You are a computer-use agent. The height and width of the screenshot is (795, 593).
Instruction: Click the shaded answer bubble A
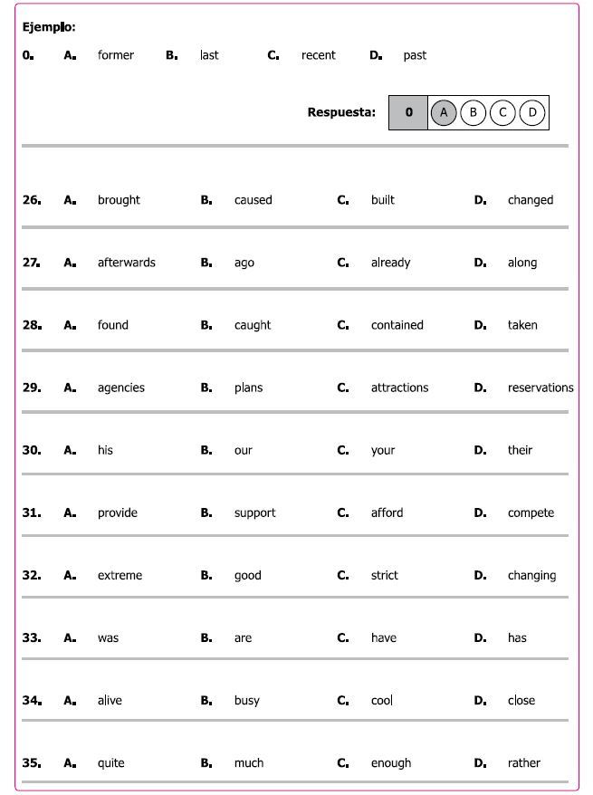pyautogui.click(x=443, y=113)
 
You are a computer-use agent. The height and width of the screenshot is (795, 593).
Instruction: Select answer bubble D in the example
pyautogui.click(x=532, y=113)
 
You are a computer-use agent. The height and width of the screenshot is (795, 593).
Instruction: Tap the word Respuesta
pyautogui.click(x=341, y=113)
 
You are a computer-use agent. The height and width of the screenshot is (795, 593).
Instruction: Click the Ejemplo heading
pyautogui.click(x=49, y=27)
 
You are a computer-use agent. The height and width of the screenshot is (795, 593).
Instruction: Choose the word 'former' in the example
pyautogui.click(x=116, y=56)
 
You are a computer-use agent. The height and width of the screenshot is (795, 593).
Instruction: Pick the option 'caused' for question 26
pyautogui.click(x=253, y=200)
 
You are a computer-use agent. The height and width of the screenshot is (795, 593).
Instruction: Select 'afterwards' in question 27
pyautogui.click(x=126, y=263)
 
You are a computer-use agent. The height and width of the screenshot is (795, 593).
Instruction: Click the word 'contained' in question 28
pyautogui.click(x=397, y=325)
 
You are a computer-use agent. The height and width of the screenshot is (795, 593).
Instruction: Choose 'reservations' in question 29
pyautogui.click(x=540, y=388)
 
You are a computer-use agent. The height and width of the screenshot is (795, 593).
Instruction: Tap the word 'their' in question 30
pyautogui.click(x=520, y=450)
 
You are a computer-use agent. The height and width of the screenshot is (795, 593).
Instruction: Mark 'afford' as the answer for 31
pyautogui.click(x=386, y=512)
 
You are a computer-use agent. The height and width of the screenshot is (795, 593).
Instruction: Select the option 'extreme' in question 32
pyautogui.click(x=120, y=575)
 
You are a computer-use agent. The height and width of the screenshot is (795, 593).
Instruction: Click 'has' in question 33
pyautogui.click(x=517, y=638)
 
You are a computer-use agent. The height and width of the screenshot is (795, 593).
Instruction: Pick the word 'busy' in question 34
pyautogui.click(x=246, y=701)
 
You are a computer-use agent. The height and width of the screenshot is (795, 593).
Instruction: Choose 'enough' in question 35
pyautogui.click(x=391, y=763)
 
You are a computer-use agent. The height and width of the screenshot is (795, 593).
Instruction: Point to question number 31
pyautogui.click(x=32, y=512)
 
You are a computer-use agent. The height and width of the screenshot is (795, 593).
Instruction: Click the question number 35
pyautogui.click(x=32, y=763)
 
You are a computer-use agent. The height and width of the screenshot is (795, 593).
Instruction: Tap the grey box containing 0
pyautogui.click(x=408, y=113)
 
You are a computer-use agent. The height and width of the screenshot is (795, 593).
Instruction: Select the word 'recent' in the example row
pyautogui.click(x=318, y=56)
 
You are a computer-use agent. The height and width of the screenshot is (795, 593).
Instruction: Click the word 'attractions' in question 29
pyautogui.click(x=399, y=388)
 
